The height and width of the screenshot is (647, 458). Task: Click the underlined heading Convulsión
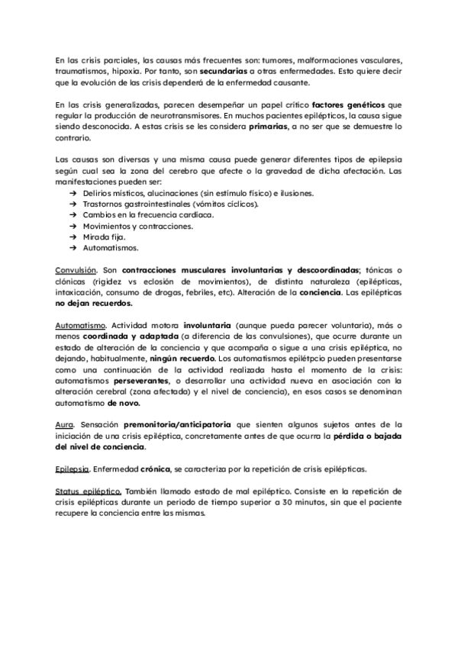(76, 270)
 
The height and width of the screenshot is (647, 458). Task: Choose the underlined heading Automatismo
(79, 325)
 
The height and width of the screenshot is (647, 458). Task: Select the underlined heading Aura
(63, 424)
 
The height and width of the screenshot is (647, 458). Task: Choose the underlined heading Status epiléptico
(89, 490)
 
